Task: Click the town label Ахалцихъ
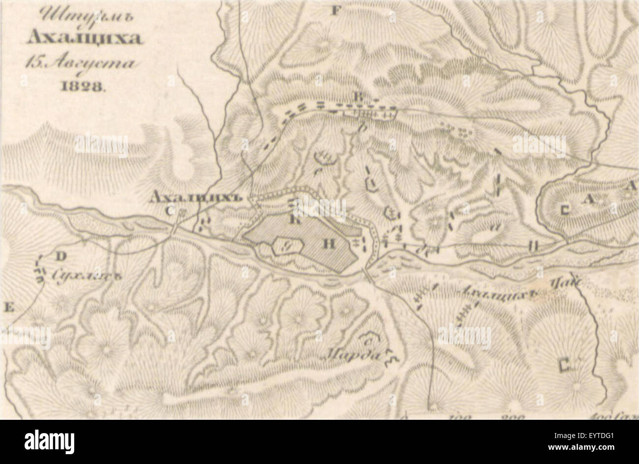pos(198,197)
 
